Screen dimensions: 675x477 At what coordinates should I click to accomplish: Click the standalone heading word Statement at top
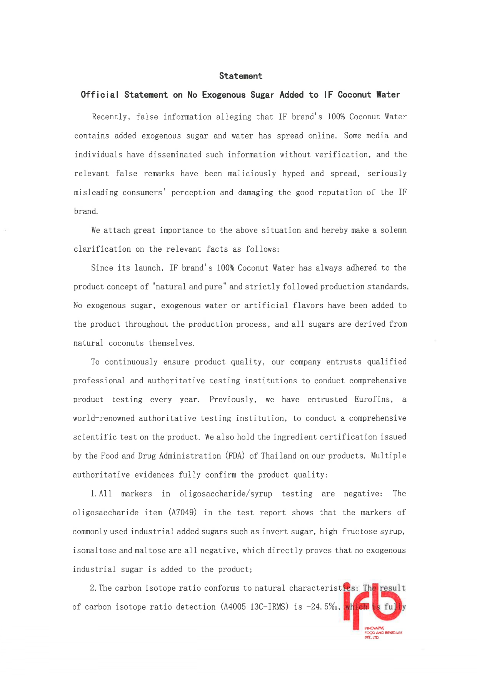pyautogui.click(x=241, y=76)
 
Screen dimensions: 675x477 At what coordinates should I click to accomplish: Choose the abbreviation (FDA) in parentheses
pyautogui.click(x=235, y=456)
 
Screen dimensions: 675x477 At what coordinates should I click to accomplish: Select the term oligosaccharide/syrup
pyautogui.click(x=226, y=494)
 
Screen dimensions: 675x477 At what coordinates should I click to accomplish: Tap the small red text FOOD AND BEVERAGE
pyautogui.click(x=383, y=633)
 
